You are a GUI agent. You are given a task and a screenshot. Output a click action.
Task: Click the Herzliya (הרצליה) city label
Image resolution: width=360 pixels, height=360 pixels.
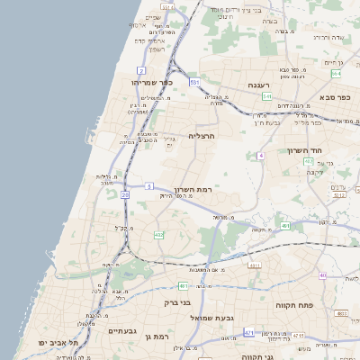(200, 136)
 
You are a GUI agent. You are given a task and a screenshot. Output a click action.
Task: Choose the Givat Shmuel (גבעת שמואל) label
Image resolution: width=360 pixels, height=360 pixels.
(211, 318)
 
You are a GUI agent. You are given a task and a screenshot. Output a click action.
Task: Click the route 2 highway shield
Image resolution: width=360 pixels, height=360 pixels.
(140, 69)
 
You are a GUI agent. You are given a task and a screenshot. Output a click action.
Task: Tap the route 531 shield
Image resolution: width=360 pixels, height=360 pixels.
(194, 82)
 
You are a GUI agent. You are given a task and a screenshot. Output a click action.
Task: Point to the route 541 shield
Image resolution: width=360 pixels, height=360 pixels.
(267, 95)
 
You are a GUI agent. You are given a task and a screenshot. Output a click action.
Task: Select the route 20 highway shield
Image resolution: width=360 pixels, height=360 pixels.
(124, 194)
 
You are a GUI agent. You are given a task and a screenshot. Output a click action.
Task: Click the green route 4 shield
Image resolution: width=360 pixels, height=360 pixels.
(261, 156)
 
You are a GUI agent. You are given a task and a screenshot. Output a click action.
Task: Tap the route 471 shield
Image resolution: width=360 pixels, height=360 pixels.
(248, 332)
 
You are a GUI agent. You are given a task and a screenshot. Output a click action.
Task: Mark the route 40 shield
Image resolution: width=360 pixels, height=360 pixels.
(322, 275)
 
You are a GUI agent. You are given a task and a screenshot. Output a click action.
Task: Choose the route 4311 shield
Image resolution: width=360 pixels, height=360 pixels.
(255, 265)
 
